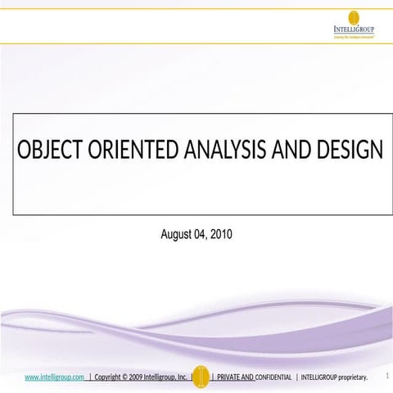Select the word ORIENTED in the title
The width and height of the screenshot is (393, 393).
127,152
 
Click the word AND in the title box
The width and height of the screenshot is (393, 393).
292,152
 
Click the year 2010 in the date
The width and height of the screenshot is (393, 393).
222,234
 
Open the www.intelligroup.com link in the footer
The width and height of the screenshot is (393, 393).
55,377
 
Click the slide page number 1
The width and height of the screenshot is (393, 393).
385,376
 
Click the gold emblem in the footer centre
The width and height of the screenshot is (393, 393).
201,375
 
